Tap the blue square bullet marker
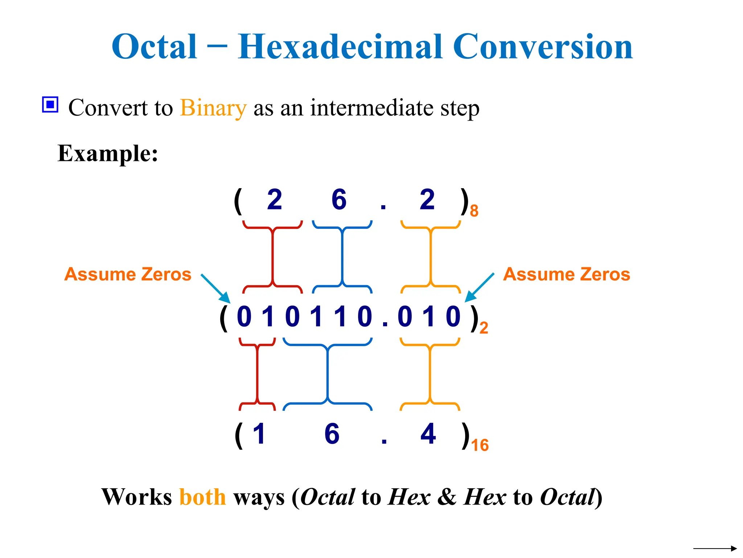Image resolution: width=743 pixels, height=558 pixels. coord(50,105)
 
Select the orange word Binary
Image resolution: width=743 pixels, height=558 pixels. coord(213,108)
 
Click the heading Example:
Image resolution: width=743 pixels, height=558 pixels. coord(108,153)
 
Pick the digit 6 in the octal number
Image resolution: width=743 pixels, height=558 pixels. coord(339,200)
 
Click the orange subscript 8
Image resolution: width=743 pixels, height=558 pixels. coord(474,211)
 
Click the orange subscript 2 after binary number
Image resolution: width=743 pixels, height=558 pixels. coord(484,328)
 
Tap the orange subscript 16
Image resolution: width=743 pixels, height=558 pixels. coord(480,445)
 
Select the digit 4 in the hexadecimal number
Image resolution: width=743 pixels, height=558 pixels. coord(428,434)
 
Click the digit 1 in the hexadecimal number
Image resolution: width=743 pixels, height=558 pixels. coord(259,434)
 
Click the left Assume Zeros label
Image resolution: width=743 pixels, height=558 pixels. coord(128,274)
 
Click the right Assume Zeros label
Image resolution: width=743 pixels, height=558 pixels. coord(566,274)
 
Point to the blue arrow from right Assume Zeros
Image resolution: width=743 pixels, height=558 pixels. coord(479,288)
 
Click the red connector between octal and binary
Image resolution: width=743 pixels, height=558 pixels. coord(272,256)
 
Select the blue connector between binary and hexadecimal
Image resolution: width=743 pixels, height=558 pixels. coord(328,374)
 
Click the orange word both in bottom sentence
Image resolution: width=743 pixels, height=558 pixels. coord(202,497)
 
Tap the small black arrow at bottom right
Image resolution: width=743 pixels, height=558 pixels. coord(714,549)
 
